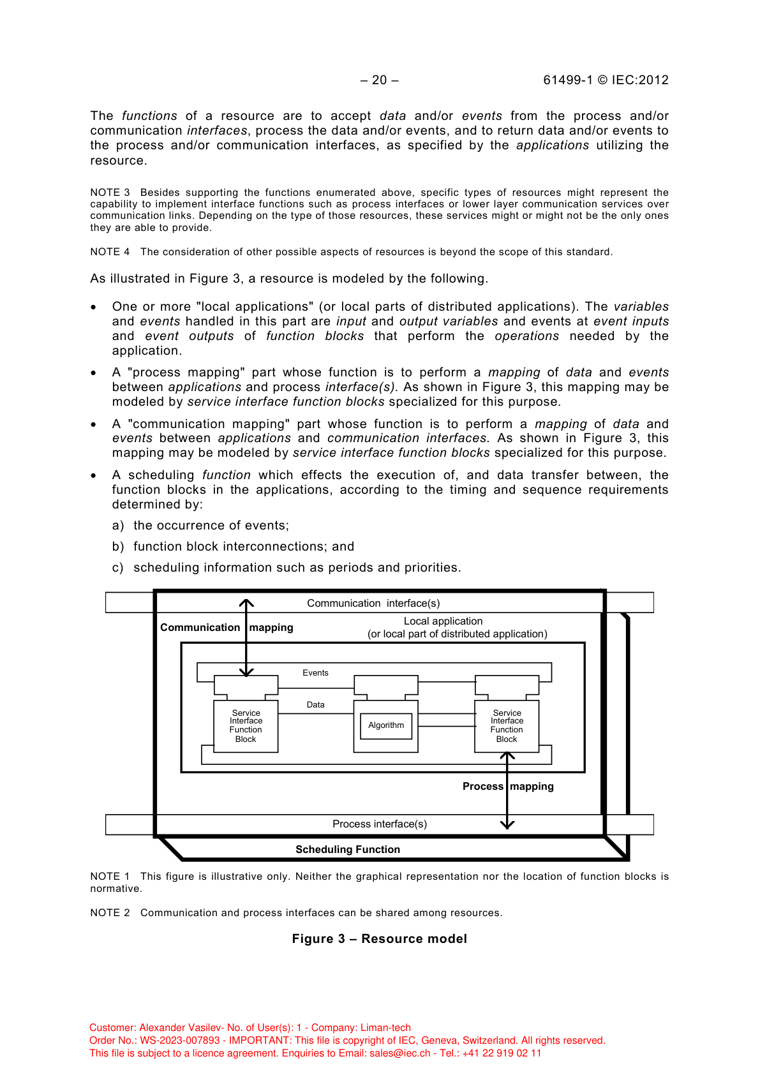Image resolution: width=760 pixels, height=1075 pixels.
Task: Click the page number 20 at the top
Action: tap(380, 80)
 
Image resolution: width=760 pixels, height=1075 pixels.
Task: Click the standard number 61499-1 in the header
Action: tap(568, 80)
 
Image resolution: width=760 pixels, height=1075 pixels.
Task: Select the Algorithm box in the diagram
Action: tap(386, 725)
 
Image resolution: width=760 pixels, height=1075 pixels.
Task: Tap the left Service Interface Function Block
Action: tap(246, 726)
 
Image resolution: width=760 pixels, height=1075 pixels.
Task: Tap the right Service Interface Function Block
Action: tap(507, 726)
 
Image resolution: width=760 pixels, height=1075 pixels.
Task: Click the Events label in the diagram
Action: tap(315, 672)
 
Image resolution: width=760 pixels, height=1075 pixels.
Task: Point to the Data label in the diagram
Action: tap(315, 704)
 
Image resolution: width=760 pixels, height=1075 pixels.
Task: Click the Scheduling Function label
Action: tap(348, 849)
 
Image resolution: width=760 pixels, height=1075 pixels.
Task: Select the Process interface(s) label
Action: tap(380, 824)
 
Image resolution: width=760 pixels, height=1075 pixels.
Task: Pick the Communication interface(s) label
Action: tap(373, 603)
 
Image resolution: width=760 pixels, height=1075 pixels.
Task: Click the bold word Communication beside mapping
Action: tap(200, 627)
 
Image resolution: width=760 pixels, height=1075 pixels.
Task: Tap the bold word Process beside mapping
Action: tap(482, 786)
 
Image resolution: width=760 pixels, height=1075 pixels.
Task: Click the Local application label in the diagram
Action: tap(443, 621)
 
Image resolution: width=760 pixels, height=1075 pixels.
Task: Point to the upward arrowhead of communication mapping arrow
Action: tap(246, 602)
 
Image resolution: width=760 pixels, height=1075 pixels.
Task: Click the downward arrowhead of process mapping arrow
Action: tap(507, 825)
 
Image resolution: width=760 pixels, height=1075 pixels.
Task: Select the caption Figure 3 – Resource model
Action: tap(380, 938)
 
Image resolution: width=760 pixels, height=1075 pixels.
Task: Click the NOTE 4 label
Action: tap(110, 251)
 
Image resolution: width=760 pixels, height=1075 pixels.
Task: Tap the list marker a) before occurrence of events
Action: tap(118, 525)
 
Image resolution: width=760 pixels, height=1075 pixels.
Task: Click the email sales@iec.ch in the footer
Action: tap(400, 1053)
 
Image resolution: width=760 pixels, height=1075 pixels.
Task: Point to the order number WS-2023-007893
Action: tap(180, 1040)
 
